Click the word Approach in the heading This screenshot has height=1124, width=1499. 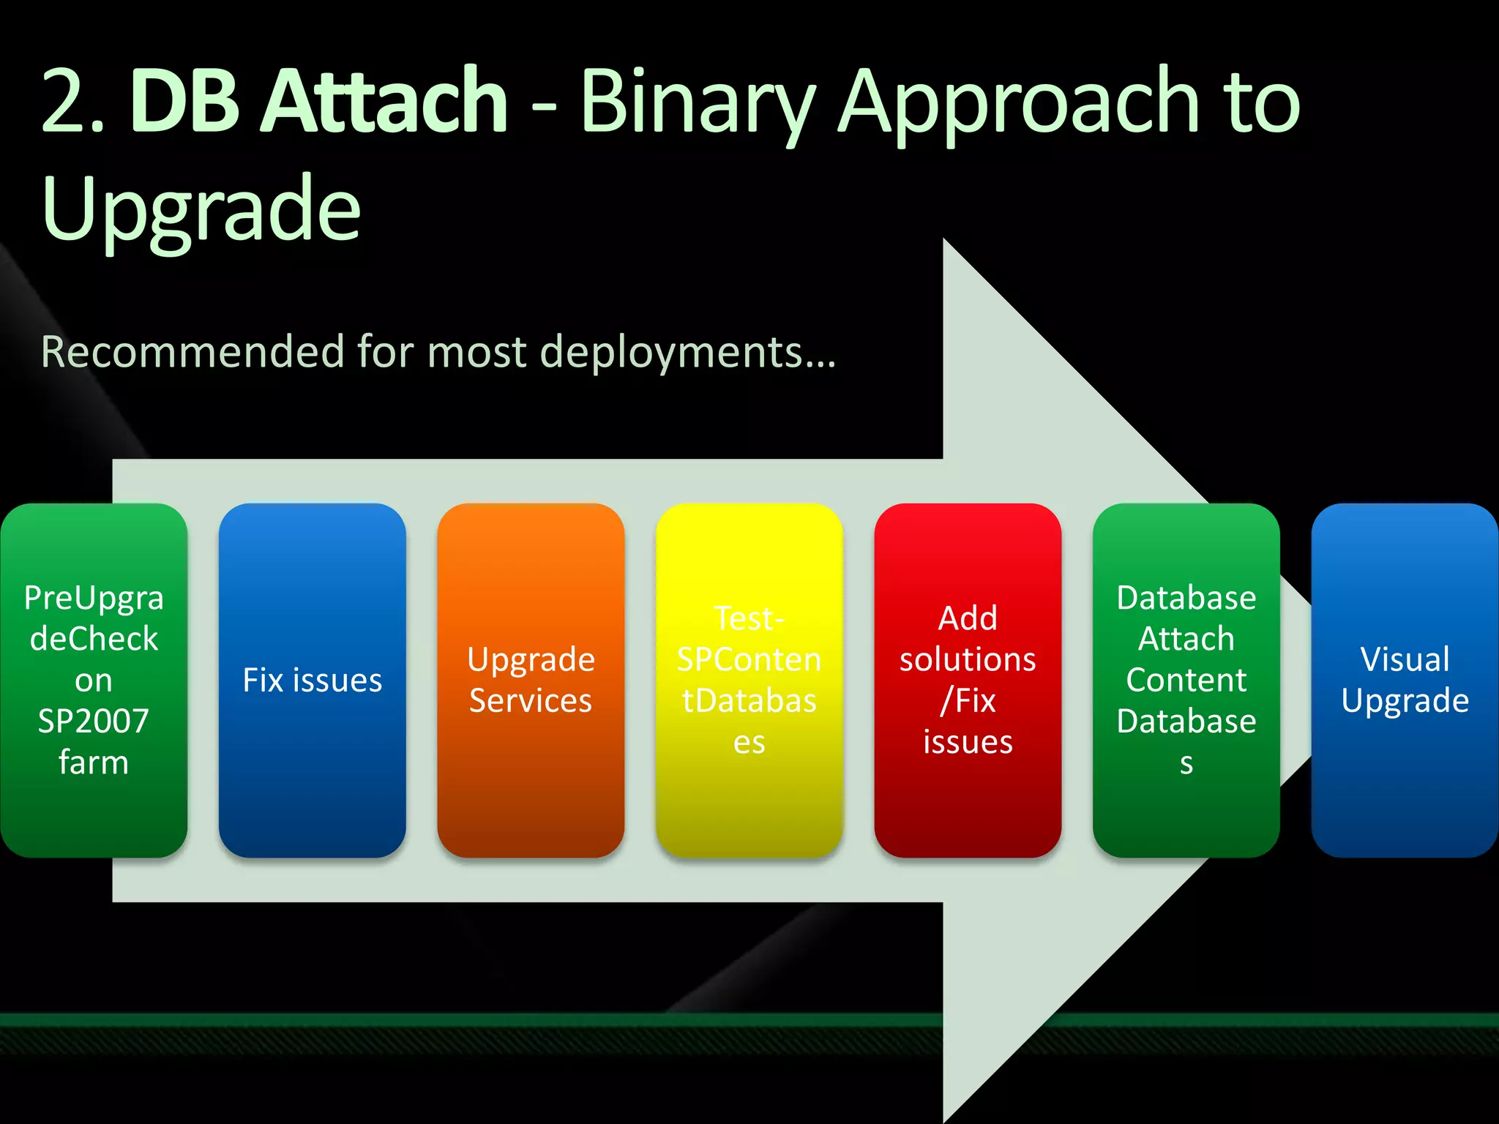(1018, 102)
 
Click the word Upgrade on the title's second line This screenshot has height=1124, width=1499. (201, 210)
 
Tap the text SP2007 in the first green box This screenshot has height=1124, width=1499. (94, 722)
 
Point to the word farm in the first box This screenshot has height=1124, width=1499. (94, 763)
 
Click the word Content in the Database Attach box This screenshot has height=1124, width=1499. (1186, 681)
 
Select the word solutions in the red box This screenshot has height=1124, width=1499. (968, 660)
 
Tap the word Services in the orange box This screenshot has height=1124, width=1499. (531, 701)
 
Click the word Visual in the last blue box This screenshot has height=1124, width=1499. (1405, 659)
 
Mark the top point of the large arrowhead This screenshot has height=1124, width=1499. (944, 240)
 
